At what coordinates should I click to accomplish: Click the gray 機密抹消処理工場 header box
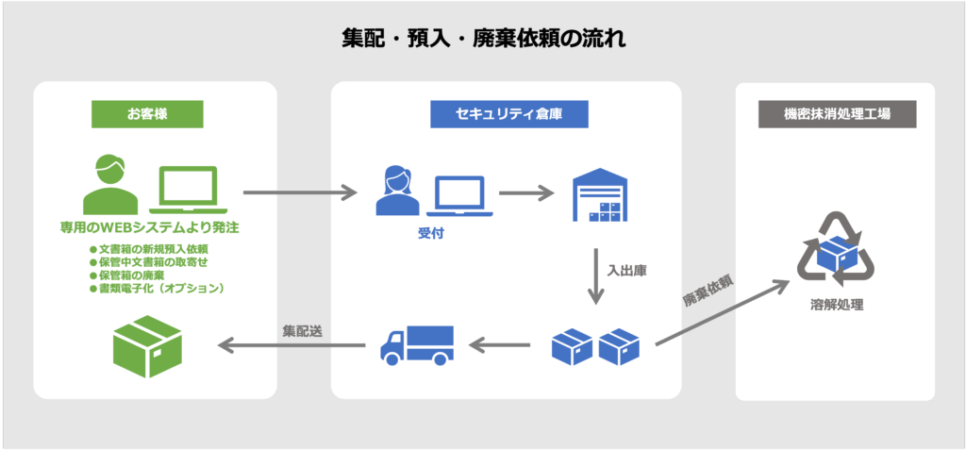(837, 114)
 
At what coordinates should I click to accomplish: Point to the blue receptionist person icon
(397, 191)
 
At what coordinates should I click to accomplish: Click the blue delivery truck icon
(416, 345)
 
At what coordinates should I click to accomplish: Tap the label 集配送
(302, 331)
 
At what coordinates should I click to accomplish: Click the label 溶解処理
(836, 306)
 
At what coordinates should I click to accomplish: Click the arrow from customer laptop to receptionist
(300, 193)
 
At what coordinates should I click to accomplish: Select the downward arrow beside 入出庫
(595, 275)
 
